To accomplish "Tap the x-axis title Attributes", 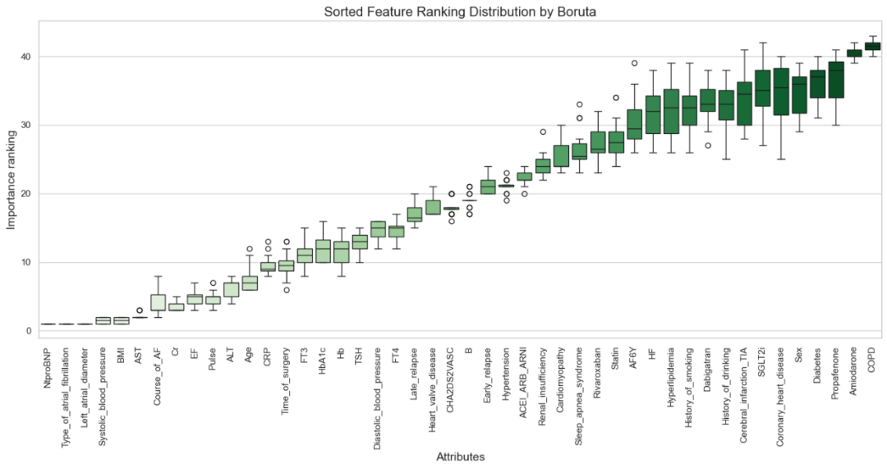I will point(460,457).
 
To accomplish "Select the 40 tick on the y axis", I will point(27,57).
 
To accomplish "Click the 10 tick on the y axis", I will point(27,263).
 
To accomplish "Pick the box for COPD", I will point(872,46).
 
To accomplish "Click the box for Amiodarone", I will point(854,53).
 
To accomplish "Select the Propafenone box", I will point(837,80).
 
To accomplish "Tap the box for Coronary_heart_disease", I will point(781,91).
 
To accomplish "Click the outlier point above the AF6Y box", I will point(634,63).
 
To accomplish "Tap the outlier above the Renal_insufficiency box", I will point(543,131).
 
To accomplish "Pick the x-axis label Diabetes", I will point(819,366).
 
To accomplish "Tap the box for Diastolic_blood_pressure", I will point(378,228).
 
